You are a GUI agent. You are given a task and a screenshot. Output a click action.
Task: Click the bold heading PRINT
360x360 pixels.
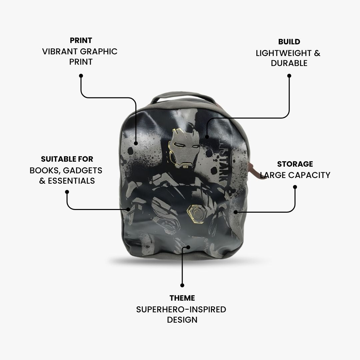(x=81, y=40)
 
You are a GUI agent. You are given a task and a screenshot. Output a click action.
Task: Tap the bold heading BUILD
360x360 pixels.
(x=289, y=42)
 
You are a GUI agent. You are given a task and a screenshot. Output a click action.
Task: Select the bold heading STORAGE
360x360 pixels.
(x=295, y=164)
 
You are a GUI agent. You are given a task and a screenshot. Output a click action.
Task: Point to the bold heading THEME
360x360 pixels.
(x=182, y=298)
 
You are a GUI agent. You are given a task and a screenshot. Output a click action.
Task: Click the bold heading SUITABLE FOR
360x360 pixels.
(x=67, y=159)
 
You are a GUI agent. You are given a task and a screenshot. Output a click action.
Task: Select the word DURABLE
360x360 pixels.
(x=289, y=63)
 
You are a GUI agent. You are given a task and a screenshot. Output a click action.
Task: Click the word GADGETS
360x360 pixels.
(x=83, y=171)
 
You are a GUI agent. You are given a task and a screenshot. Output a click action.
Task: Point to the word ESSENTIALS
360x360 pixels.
(x=71, y=181)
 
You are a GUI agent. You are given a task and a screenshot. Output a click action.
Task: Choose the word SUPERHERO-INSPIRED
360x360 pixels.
(x=181, y=309)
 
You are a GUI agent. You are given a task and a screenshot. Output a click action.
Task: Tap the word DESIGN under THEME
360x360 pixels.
(x=182, y=320)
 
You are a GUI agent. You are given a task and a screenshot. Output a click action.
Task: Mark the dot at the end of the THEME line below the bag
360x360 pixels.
(x=182, y=285)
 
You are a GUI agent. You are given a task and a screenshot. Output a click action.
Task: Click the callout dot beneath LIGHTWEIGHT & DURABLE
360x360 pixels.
(x=289, y=76)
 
